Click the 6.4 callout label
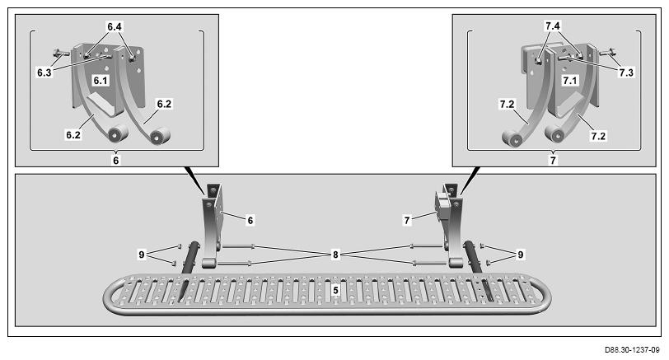(x=114, y=27)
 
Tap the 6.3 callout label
(x=44, y=72)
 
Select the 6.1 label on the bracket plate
(x=101, y=81)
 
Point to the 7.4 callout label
(x=552, y=26)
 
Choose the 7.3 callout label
(x=626, y=72)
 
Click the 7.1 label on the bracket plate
(x=569, y=81)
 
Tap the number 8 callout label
(x=335, y=255)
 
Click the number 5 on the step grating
(x=336, y=291)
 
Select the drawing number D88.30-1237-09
(x=631, y=350)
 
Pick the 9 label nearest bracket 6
(x=142, y=255)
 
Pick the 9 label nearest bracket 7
(x=520, y=255)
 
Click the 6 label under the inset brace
(x=115, y=161)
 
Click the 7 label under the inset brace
(x=553, y=161)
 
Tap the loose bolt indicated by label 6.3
(x=62, y=54)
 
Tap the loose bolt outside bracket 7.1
(x=607, y=53)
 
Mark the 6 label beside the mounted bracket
(x=250, y=221)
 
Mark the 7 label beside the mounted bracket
(x=407, y=221)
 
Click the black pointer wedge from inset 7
(x=470, y=179)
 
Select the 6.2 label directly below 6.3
(x=73, y=135)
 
